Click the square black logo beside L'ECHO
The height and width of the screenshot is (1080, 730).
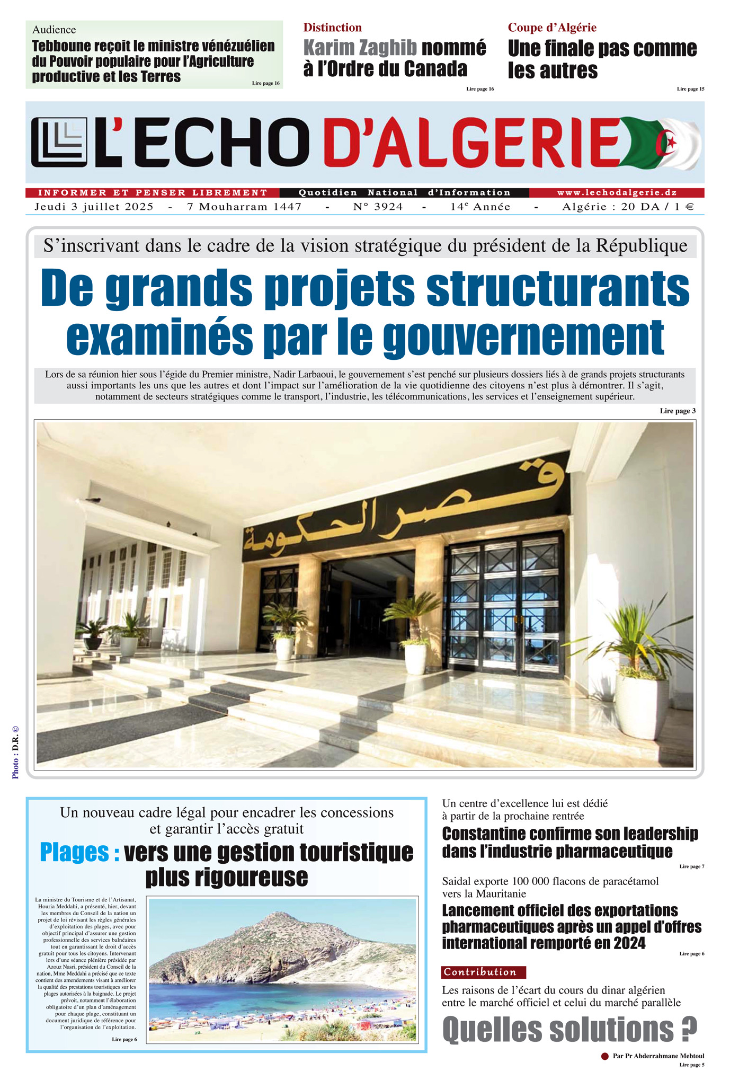pyautogui.click(x=59, y=142)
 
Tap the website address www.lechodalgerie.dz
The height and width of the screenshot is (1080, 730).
pyautogui.click(x=617, y=193)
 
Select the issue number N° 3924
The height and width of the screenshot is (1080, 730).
pyautogui.click(x=378, y=207)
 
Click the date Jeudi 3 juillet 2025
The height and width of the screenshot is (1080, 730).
pyautogui.click(x=94, y=207)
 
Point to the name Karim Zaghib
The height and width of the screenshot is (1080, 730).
pyautogui.click(x=360, y=48)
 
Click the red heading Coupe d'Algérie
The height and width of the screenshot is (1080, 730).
pyautogui.click(x=552, y=28)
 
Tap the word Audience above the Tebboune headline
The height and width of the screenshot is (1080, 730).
pyautogui.click(x=54, y=30)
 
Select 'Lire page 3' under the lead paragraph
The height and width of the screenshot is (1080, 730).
pyautogui.click(x=678, y=411)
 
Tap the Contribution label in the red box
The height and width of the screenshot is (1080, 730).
pyautogui.click(x=480, y=972)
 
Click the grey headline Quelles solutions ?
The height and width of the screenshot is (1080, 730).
pyautogui.click(x=569, y=1030)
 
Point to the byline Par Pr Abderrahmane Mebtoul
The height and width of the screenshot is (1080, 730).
pyautogui.click(x=658, y=1056)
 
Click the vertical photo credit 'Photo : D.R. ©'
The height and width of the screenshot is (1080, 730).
pyautogui.click(x=15, y=753)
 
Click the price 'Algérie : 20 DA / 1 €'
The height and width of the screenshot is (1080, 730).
pyautogui.click(x=628, y=207)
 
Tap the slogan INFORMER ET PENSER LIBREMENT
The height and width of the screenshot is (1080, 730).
pyautogui.click(x=153, y=193)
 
